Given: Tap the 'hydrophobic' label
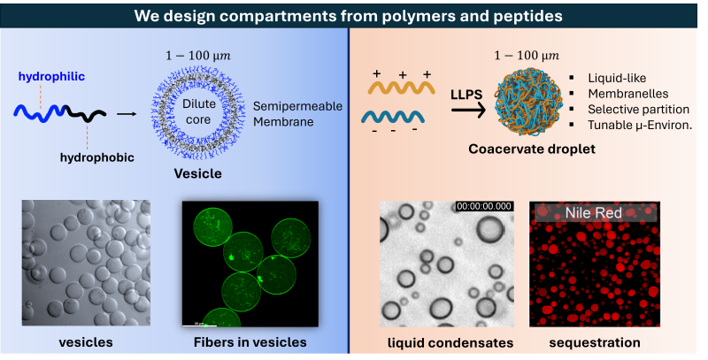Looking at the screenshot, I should click(95, 157).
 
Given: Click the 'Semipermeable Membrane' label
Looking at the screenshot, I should click(282, 112).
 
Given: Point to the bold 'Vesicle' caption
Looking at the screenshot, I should click(199, 174).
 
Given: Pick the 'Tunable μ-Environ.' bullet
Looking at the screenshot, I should click(643, 124).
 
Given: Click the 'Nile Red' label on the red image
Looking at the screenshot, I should click(593, 212).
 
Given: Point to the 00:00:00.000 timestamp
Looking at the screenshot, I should click(483, 206).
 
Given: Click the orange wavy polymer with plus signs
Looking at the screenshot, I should click(399, 87).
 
